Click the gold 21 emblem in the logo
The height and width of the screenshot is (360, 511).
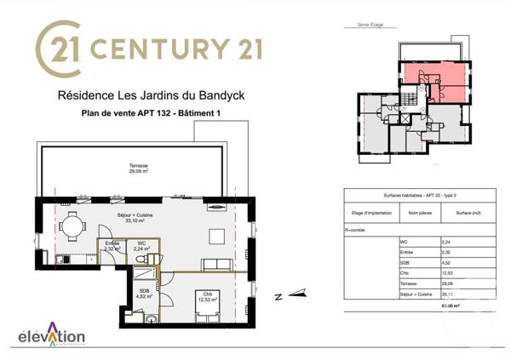point(58,45)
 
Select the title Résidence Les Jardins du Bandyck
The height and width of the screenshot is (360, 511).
point(150,96)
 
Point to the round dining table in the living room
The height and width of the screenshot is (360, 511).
point(72,226)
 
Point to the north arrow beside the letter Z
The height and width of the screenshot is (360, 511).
point(296,294)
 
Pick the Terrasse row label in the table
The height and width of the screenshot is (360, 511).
point(411,284)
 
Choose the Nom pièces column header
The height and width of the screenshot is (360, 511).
point(419,213)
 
